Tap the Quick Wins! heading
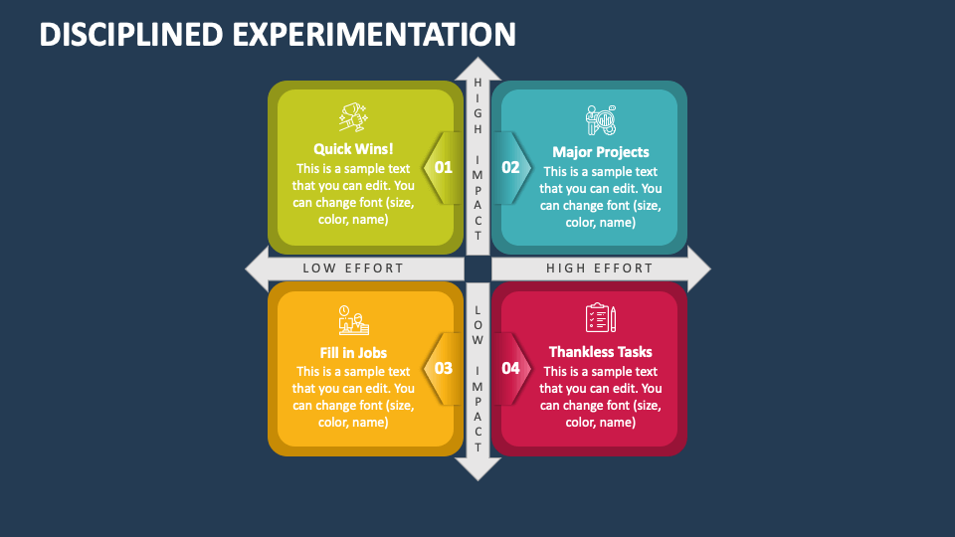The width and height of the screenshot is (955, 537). tap(353, 149)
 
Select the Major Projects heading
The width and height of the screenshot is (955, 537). tap(601, 152)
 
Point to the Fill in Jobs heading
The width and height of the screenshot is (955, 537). tap(353, 352)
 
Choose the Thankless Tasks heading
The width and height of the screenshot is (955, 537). tap(601, 352)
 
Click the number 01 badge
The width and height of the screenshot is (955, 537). tap(443, 168)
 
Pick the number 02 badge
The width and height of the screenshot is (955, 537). tap(510, 168)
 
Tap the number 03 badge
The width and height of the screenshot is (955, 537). tap(443, 368)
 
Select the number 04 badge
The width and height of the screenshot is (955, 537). tap(510, 368)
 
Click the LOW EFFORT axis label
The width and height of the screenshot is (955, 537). tap(353, 268)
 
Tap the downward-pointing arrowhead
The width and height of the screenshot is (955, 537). tap(477, 469)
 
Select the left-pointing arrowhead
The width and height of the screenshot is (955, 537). tap(256, 268)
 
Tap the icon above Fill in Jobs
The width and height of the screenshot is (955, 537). tap(353, 320)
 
